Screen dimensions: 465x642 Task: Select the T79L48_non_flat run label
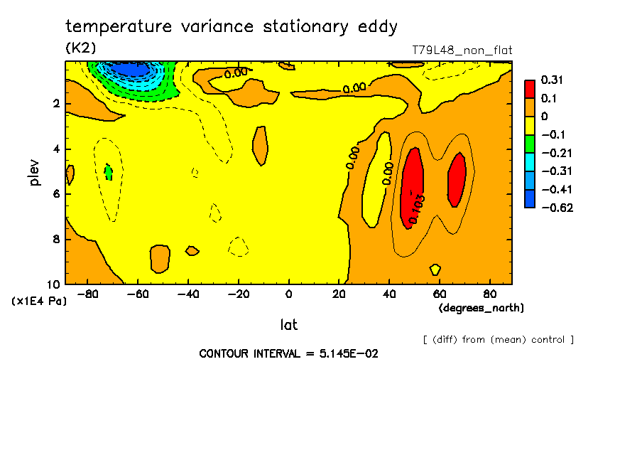[x=462, y=50]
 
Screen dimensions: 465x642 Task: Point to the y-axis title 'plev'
[x=35, y=173]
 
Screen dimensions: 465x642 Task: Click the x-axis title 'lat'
[x=288, y=325]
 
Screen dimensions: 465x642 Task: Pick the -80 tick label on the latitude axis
[x=88, y=294]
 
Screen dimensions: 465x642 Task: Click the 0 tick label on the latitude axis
[x=288, y=294]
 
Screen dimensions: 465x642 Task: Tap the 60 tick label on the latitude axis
[x=439, y=294]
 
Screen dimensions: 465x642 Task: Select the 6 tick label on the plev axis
[x=55, y=194]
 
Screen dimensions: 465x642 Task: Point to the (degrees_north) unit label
[x=482, y=308]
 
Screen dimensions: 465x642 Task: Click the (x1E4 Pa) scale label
[x=40, y=301]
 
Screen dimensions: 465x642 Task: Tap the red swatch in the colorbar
[x=530, y=89]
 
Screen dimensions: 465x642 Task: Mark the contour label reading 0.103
[x=418, y=208]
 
